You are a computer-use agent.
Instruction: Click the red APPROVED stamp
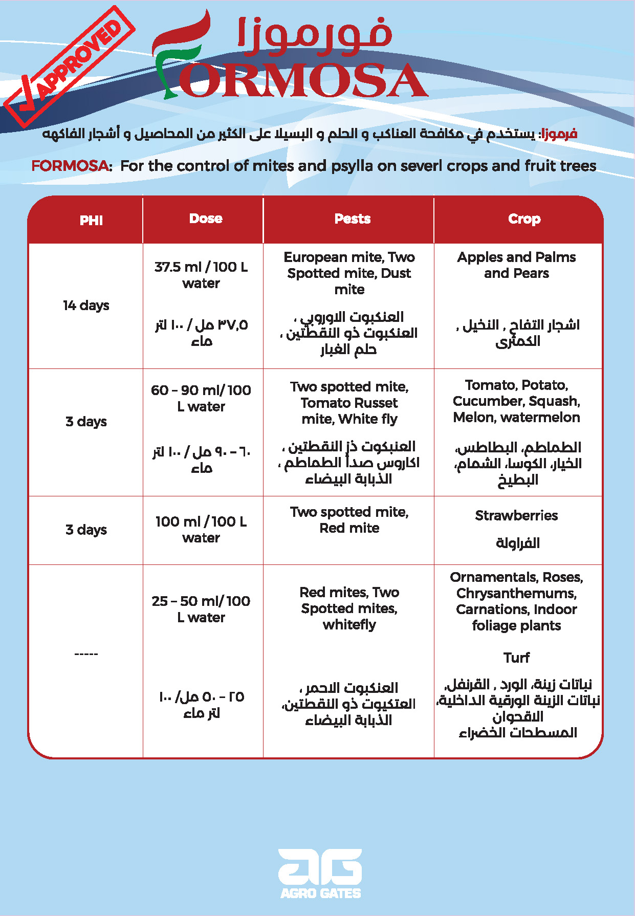click(x=69, y=67)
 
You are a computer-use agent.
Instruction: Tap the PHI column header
click(x=91, y=221)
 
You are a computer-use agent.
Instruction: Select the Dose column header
click(x=206, y=219)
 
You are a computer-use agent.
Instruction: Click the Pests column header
click(x=353, y=219)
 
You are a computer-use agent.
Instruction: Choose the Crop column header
click(x=524, y=219)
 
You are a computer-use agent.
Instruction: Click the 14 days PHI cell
click(x=86, y=306)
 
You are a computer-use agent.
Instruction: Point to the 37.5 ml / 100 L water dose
click(x=201, y=275)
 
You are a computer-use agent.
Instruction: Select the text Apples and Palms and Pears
click(x=516, y=265)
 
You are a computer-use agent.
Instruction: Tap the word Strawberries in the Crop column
click(x=516, y=515)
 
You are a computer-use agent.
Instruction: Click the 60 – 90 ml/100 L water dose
click(x=201, y=398)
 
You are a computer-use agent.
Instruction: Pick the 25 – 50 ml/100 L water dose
click(x=201, y=609)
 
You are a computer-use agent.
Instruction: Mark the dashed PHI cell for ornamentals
click(x=86, y=654)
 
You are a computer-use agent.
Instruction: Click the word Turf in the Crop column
click(x=516, y=658)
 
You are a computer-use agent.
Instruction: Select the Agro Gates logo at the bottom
click(x=320, y=874)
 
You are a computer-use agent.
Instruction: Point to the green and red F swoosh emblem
click(x=179, y=56)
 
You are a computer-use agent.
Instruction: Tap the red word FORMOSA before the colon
click(x=70, y=166)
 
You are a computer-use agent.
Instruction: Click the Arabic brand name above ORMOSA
click(x=315, y=37)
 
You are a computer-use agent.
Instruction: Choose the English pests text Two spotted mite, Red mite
click(x=349, y=520)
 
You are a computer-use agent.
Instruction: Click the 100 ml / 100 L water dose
click(x=201, y=530)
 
